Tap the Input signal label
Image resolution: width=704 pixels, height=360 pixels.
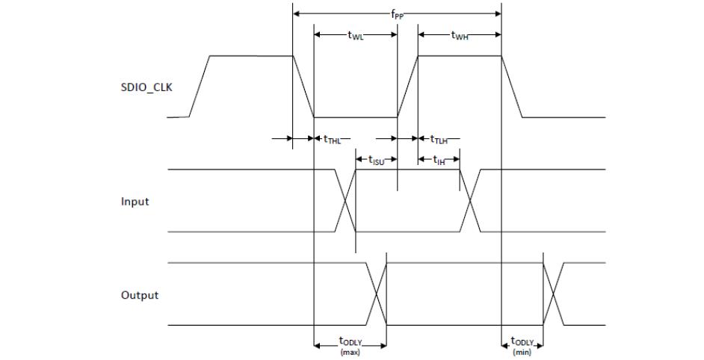click(135, 202)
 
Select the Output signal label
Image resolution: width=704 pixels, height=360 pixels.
click(140, 295)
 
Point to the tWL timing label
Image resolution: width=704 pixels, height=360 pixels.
click(356, 35)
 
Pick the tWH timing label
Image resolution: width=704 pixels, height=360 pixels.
click(460, 35)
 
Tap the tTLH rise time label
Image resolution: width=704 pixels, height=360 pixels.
click(439, 139)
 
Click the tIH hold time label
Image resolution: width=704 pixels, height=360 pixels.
click(439, 160)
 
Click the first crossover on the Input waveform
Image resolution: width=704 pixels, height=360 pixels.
click(345, 201)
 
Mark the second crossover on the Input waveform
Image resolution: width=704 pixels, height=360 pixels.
click(470, 201)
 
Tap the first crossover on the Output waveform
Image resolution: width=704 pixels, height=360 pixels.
click(376, 294)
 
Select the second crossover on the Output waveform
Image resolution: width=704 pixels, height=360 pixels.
click(554, 294)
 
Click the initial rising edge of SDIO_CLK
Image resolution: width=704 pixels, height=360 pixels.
click(200, 87)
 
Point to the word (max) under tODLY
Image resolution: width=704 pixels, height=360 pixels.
click(349, 351)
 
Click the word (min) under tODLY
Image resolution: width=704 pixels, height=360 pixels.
click(522, 351)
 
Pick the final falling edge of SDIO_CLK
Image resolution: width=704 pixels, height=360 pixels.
click(512, 87)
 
